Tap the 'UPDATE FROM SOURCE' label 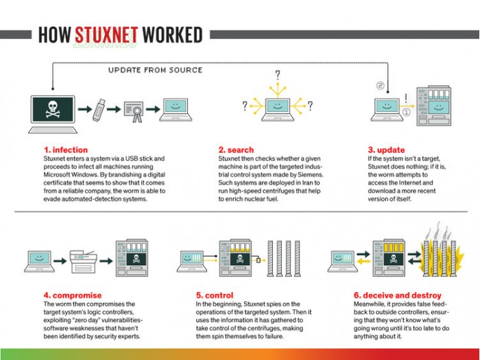coord(155,70)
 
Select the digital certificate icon coord(134,108)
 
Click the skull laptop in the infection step coord(52,110)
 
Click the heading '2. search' coord(236,149)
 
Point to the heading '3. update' coord(386,149)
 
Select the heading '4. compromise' coord(71,296)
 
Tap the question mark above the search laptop coord(278,75)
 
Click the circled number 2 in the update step coord(379,86)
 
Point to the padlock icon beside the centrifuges coord(259,260)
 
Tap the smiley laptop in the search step coord(277,106)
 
